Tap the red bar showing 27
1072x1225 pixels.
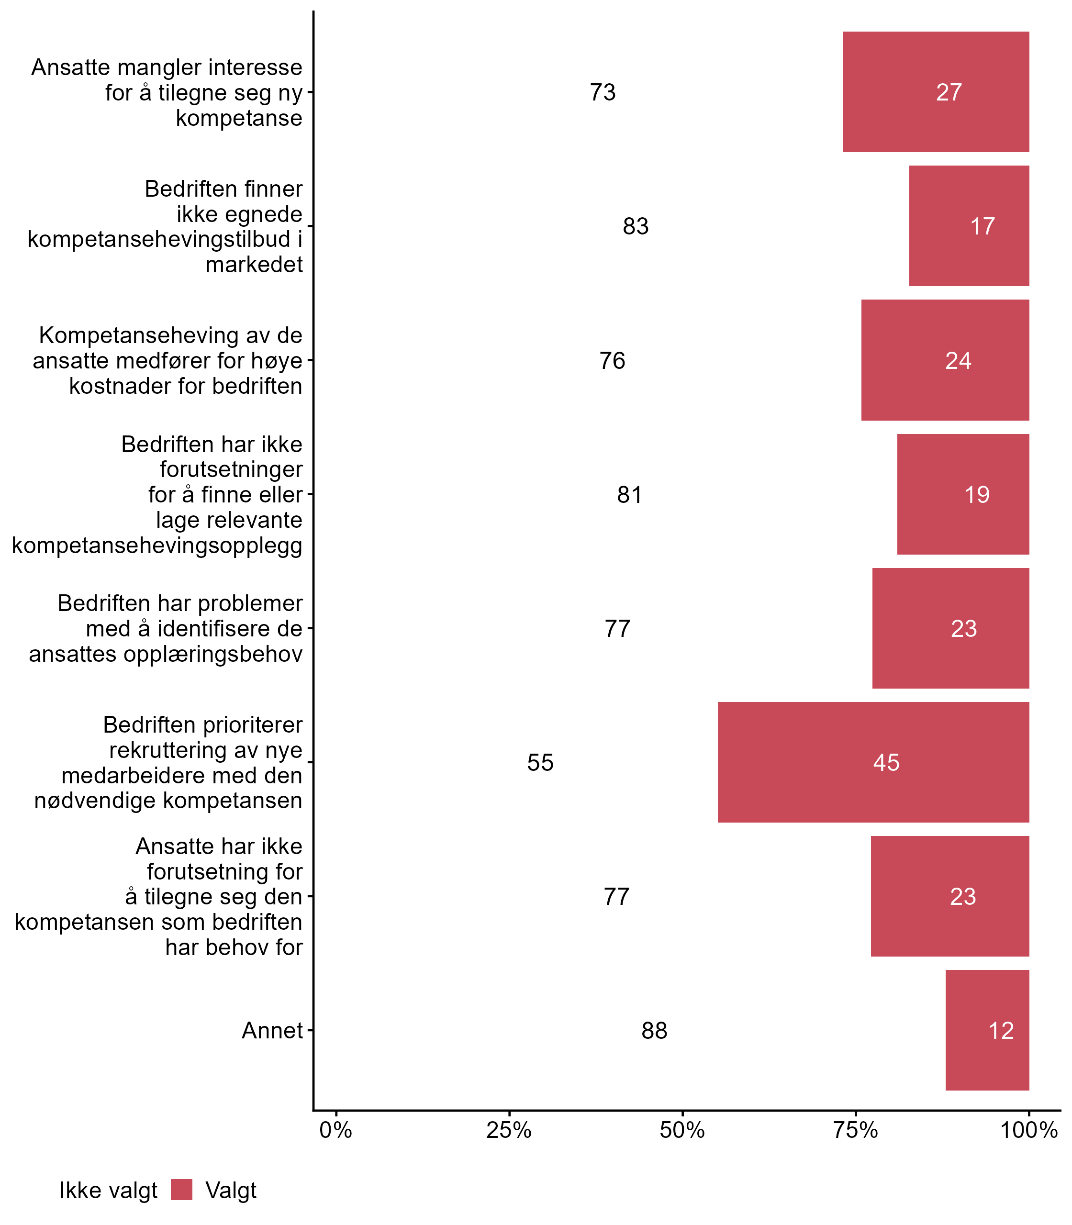936,92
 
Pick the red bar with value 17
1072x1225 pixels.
969,226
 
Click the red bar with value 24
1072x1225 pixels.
945,360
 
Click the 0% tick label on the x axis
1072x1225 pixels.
335,1130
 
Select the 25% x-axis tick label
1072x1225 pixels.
509,1130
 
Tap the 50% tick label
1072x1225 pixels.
682,1130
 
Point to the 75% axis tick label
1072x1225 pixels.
856,1130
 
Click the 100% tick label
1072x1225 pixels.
1029,1130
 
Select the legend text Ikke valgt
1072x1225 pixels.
108,1191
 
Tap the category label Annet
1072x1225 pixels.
272,1031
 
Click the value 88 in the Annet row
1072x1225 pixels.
655,1031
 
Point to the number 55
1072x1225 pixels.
540,763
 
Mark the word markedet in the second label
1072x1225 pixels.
254,264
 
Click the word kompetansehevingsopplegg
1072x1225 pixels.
157,546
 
